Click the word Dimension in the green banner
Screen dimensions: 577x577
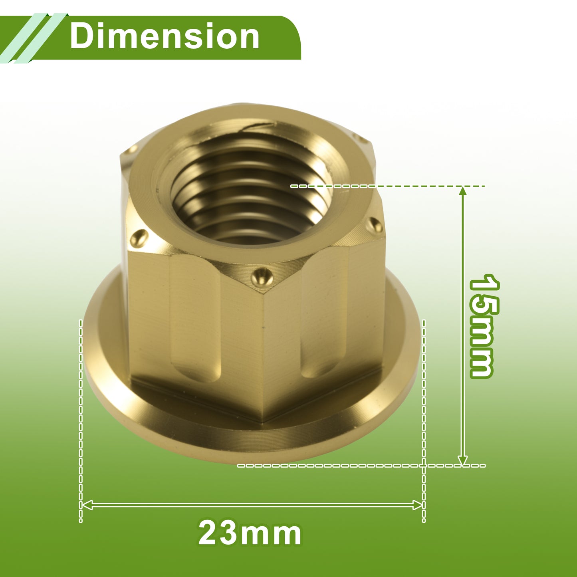click(x=165, y=36)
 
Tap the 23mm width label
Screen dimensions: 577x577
click(x=250, y=533)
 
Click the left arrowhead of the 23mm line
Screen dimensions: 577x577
click(x=87, y=505)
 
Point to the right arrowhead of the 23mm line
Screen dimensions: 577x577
click(x=417, y=505)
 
